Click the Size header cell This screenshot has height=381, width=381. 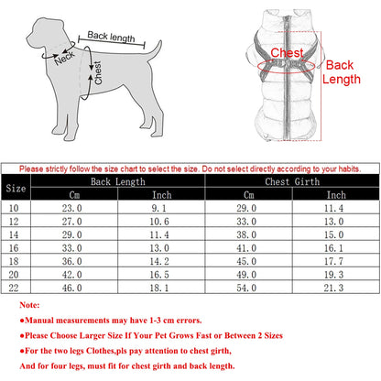click(x=16, y=188)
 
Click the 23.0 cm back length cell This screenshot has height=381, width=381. click(x=72, y=209)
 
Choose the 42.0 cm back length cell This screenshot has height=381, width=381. click(x=72, y=275)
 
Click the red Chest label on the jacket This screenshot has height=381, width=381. click(x=287, y=54)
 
